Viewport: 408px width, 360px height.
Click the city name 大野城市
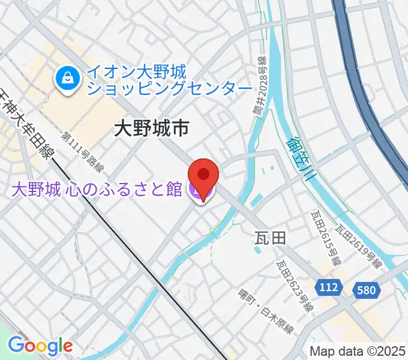click(152, 128)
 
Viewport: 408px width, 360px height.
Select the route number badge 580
click(367, 290)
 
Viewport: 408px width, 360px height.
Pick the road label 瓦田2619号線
click(359, 246)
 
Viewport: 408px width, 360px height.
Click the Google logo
click(40, 346)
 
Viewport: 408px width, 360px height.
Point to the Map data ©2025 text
click(358, 350)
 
